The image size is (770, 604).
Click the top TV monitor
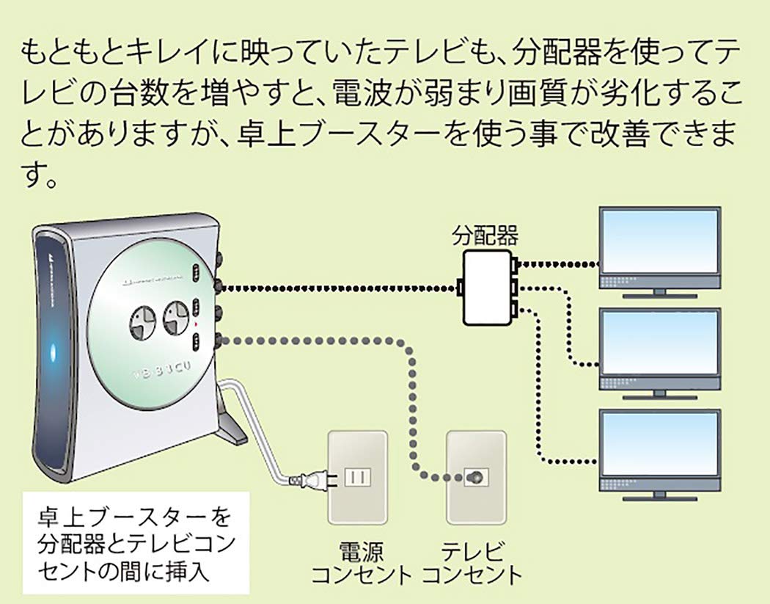659,246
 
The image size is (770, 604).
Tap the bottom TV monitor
659,448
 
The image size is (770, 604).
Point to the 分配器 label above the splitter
485,236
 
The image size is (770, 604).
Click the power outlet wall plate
358,477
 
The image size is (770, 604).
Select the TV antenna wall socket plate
476,477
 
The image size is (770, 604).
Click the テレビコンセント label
473,562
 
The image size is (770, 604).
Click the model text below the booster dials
161,371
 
